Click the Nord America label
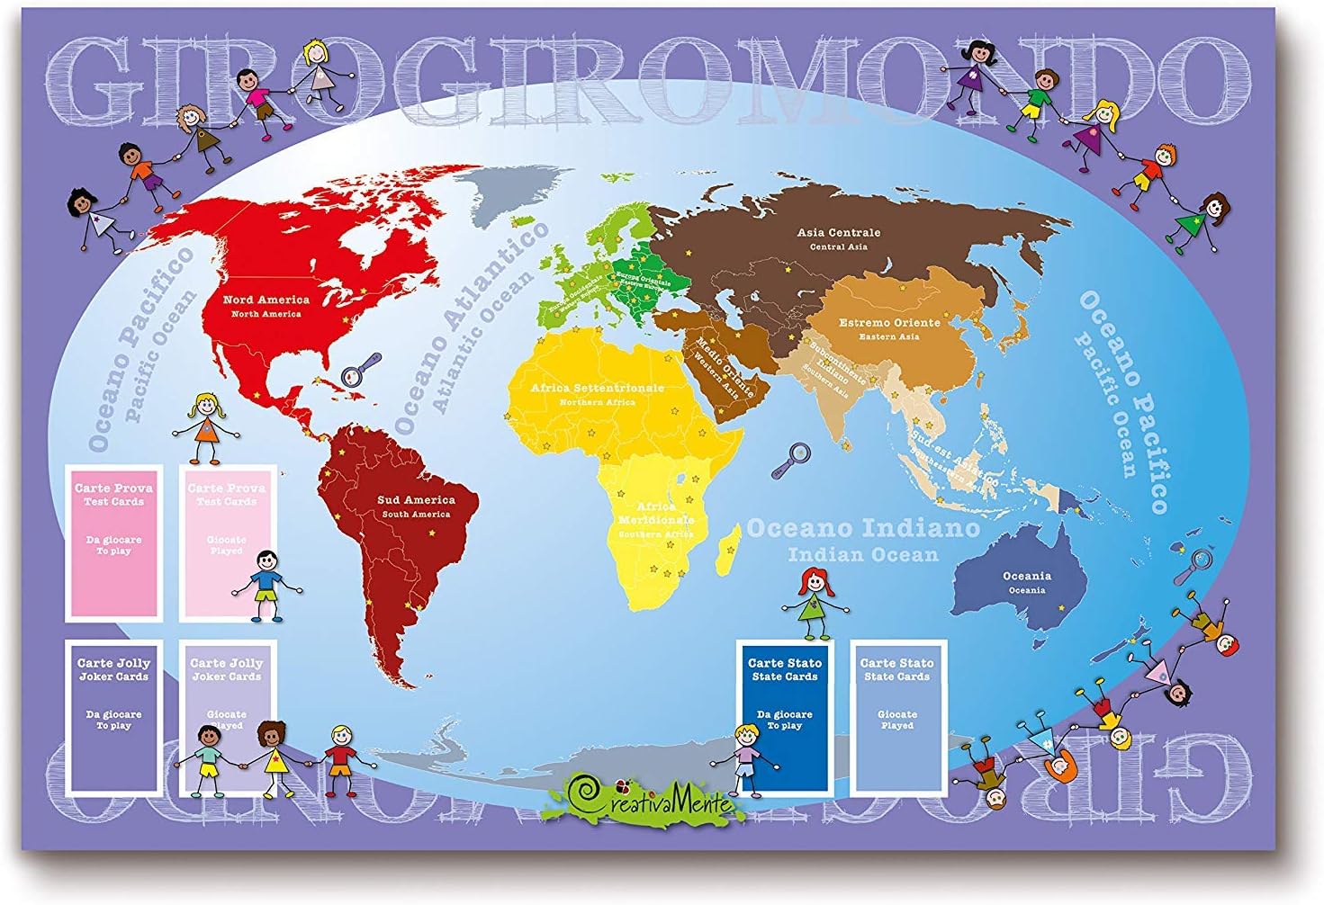[x=266, y=300]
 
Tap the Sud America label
[x=416, y=500]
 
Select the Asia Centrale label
[x=838, y=233]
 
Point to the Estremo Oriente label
[x=889, y=323]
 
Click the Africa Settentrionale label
[x=597, y=389]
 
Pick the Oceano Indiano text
[x=863, y=528]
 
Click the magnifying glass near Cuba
[x=363, y=369]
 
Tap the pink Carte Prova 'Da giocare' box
[x=113, y=542]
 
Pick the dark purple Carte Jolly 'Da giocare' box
[x=113, y=717]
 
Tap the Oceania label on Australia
[x=1026, y=577]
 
